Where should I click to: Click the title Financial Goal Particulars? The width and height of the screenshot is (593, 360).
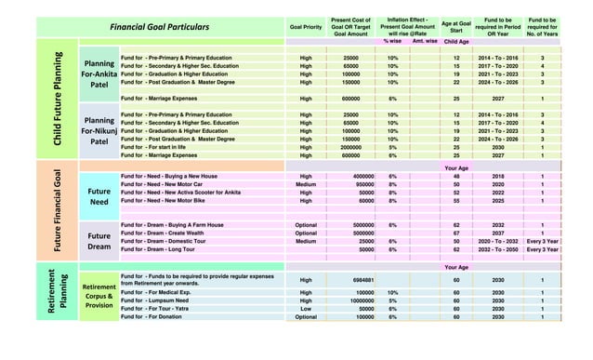(x=159, y=27)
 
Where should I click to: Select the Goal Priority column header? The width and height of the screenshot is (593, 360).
(x=306, y=27)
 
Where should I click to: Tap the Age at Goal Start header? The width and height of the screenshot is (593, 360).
(x=456, y=27)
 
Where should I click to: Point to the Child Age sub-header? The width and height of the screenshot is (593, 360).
(x=456, y=42)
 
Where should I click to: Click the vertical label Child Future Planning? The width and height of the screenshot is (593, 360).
(x=58, y=102)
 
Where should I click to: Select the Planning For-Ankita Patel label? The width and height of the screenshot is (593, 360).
(x=99, y=73)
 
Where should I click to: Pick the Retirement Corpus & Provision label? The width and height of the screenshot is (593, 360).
(x=99, y=296)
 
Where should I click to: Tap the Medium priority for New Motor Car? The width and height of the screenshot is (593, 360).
(x=306, y=184)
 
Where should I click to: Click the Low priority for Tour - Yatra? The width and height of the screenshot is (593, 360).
(x=306, y=309)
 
